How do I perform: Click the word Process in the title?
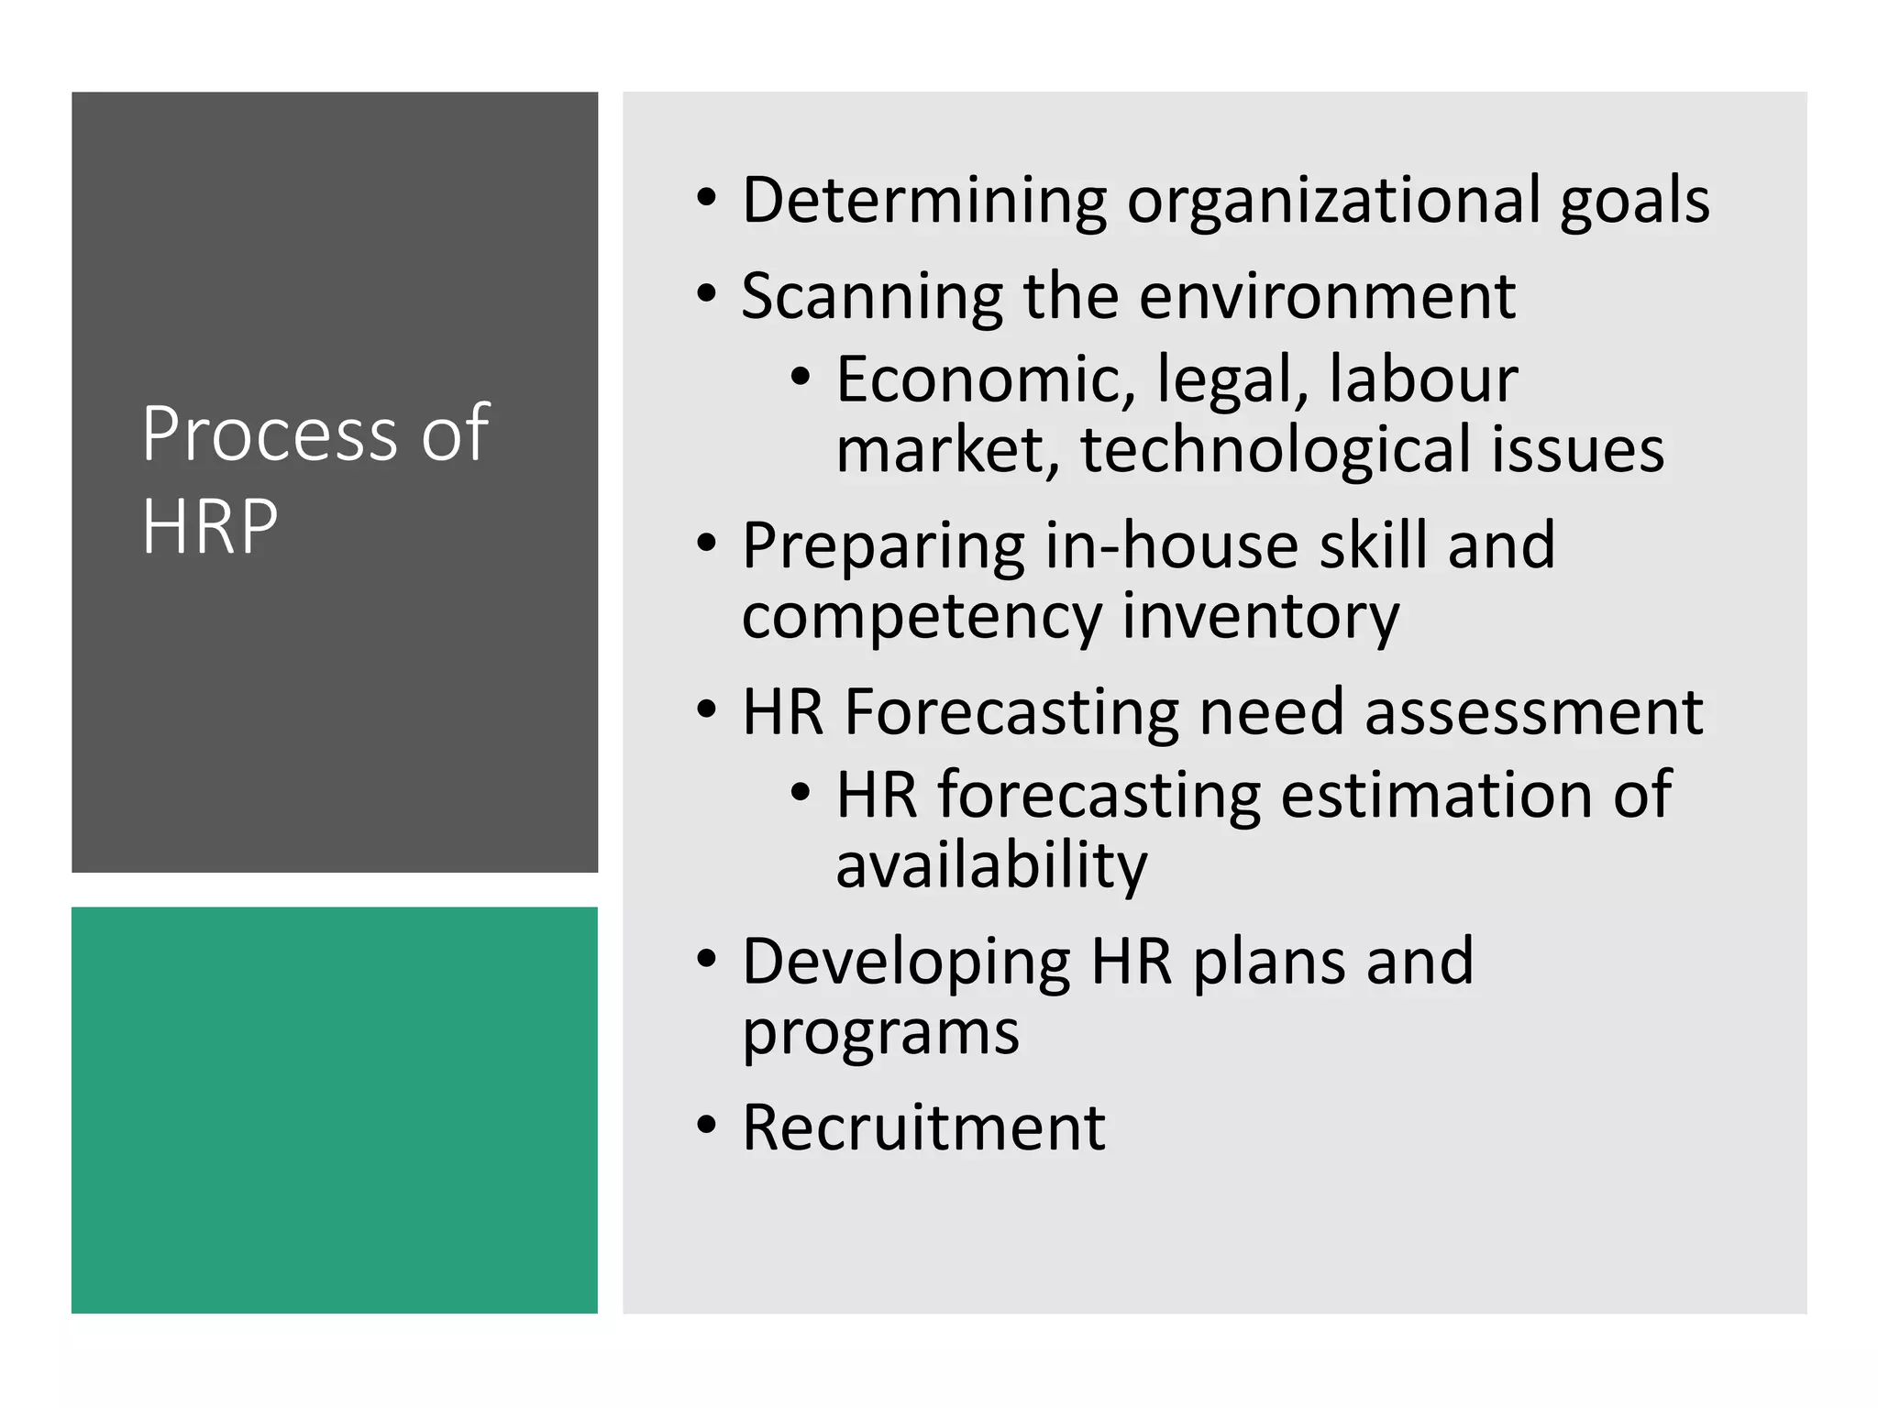pyautogui.click(x=271, y=434)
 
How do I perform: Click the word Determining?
pyautogui.click(x=924, y=201)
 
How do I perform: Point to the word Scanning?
pyautogui.click(x=872, y=297)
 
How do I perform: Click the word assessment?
pyautogui.click(x=1533, y=712)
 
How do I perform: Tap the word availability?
pyautogui.click(x=991, y=866)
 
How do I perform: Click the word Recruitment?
pyautogui.click(x=923, y=1128)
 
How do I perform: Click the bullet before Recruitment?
pyautogui.click(x=705, y=1125)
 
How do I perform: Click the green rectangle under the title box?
pyautogui.click(x=335, y=1110)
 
